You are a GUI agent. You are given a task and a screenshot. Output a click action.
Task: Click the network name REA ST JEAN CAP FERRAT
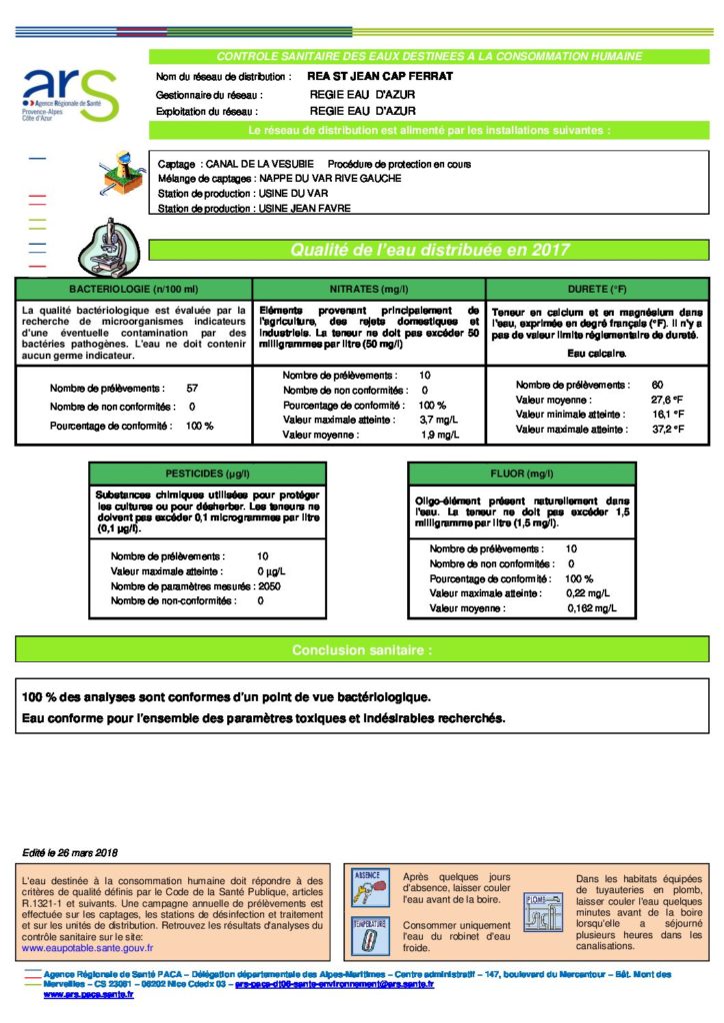366,76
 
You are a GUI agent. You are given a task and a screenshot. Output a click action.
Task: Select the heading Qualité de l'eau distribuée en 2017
429,250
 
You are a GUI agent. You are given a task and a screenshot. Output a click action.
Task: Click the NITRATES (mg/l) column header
367,289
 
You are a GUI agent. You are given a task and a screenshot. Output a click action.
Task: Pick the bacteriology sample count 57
192,388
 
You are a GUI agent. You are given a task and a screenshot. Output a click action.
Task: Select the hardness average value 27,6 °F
667,400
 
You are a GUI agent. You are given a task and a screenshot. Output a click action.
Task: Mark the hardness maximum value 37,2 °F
667,429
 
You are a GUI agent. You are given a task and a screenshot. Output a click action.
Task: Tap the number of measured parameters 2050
269,586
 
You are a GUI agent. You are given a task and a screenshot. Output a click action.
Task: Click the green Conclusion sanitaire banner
361,650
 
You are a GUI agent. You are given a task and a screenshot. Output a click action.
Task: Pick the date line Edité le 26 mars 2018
70,852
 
